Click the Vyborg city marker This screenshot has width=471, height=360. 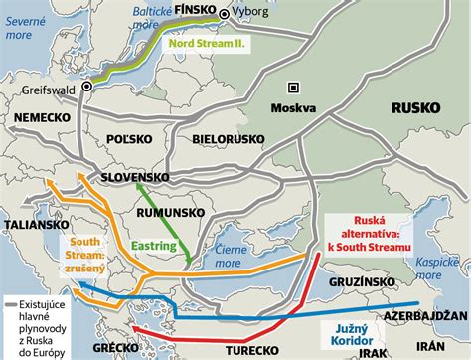[226, 15]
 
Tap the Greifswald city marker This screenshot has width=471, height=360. [87, 87]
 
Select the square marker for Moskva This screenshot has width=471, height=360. [292, 88]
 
